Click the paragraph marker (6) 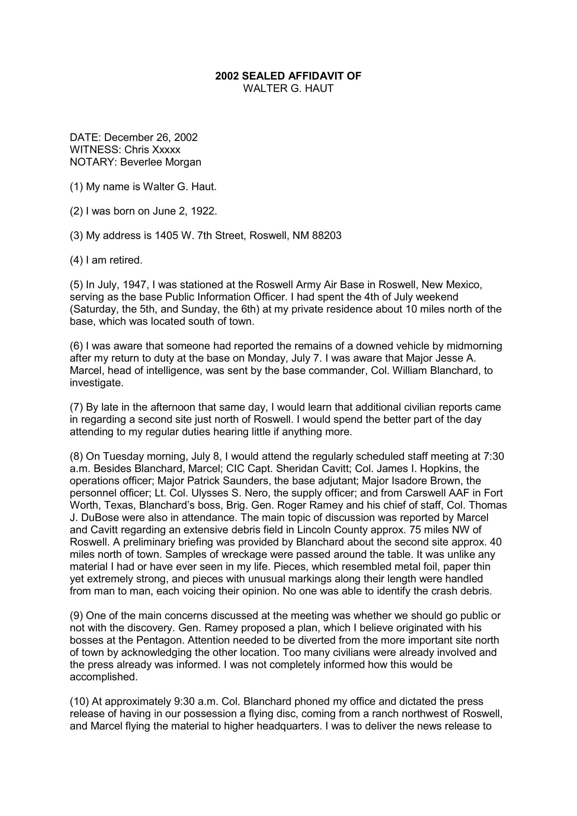[76, 346]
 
